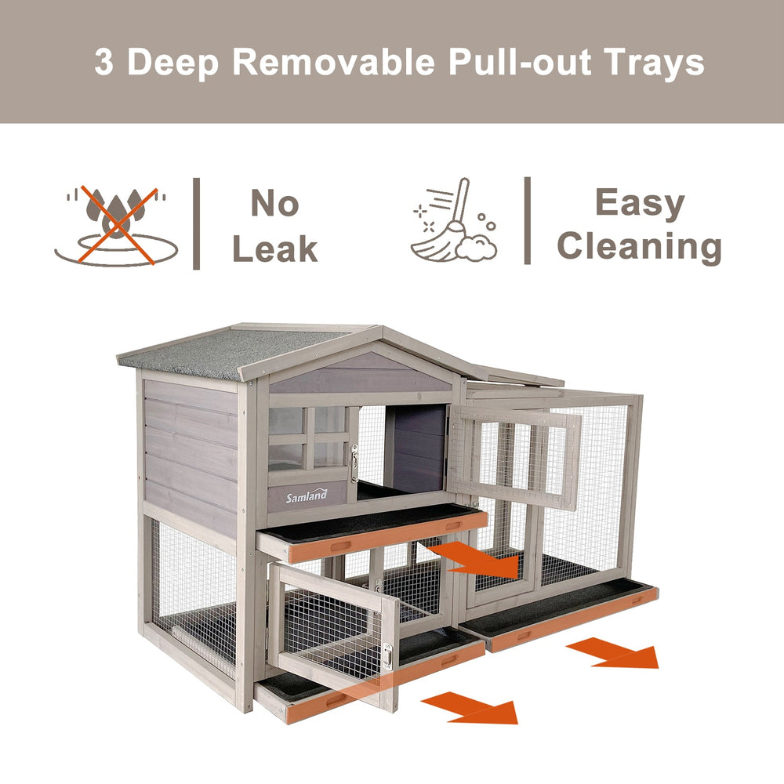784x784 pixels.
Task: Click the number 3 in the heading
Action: point(103,62)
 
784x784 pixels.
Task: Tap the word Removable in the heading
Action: point(334,62)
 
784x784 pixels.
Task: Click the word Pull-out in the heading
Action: point(520,62)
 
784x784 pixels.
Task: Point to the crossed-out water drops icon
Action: point(116,226)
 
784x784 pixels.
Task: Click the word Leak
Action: point(275,249)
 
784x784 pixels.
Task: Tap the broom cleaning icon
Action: point(453,220)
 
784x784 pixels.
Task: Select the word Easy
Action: point(640,205)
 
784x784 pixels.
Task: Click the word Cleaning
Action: point(640,247)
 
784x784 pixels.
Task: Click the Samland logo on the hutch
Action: point(307,496)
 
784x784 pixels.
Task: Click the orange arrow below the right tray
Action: point(612,652)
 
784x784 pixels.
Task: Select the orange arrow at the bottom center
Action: point(470,707)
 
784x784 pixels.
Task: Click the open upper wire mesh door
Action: point(514,456)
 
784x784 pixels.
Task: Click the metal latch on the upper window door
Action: point(354,463)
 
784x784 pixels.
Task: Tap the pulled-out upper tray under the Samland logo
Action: point(372,532)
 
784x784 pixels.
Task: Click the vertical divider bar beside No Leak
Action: point(197,223)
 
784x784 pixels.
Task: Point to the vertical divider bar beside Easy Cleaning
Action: point(528,220)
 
